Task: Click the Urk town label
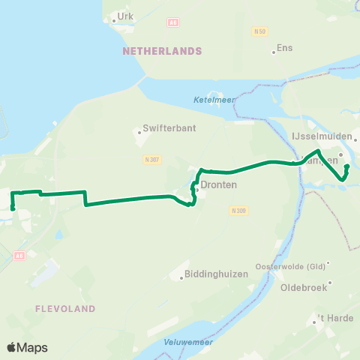point(124,16)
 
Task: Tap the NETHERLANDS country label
point(162,51)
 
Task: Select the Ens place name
point(284,47)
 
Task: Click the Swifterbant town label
point(170,128)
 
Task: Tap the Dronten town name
point(219,184)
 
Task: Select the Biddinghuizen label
point(217,274)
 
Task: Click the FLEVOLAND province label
point(65,308)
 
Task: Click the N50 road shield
point(260,31)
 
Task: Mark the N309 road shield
point(238,211)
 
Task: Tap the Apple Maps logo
point(28,347)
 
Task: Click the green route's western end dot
point(13,208)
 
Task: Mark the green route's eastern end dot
point(346,167)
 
